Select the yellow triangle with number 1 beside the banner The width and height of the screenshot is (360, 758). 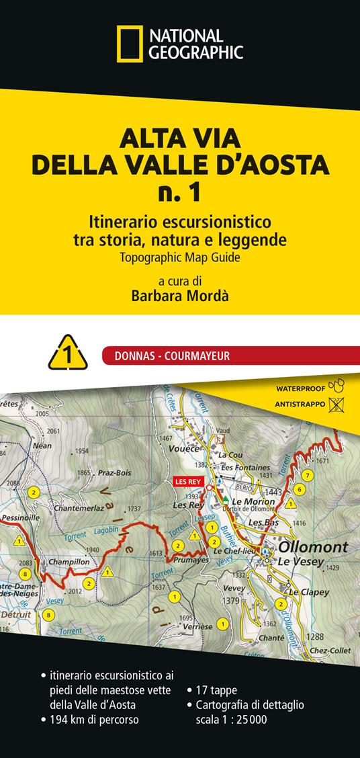pyautogui.click(x=68, y=355)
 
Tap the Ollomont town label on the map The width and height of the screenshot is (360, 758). pyautogui.click(x=313, y=546)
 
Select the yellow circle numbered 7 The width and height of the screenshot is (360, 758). pyautogui.click(x=307, y=475)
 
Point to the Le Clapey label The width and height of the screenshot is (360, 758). pyautogui.click(x=309, y=592)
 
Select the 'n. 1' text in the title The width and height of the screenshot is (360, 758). pyautogui.click(x=180, y=192)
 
